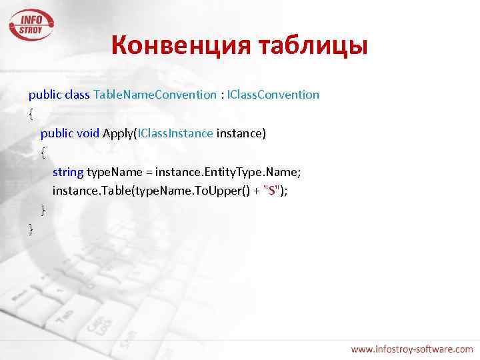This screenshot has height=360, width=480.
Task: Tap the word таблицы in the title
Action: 313,46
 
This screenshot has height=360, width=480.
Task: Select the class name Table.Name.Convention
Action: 155,95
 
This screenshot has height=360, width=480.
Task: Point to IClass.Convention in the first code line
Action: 273,95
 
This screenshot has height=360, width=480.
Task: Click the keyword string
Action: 68,172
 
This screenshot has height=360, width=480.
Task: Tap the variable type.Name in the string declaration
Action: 114,172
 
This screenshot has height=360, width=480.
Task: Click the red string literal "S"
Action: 271,191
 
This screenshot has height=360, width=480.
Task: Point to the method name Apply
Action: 118,133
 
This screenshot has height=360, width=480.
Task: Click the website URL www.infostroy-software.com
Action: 411,349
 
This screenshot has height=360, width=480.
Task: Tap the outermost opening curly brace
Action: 31,114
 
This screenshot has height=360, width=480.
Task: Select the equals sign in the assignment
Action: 148,172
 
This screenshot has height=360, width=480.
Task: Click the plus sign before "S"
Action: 257,191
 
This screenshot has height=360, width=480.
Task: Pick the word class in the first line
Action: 78,95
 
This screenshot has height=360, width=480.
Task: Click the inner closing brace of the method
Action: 43,211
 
